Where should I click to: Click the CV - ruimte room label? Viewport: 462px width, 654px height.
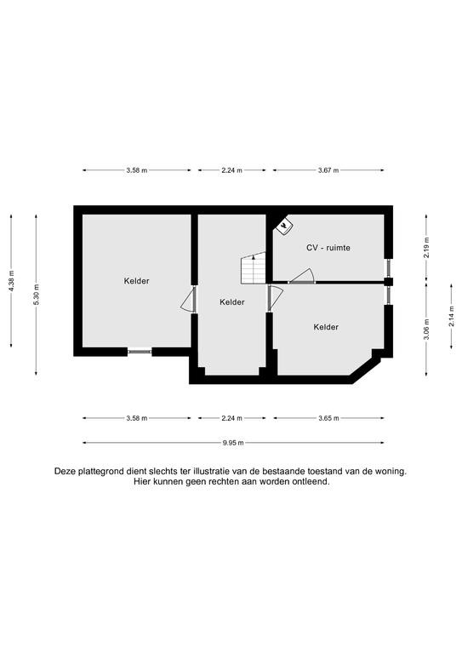point(328,248)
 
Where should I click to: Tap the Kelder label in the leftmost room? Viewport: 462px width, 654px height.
point(136,281)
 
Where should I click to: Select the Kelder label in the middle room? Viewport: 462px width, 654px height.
point(232,302)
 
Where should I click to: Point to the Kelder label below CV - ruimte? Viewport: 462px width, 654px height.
point(326,327)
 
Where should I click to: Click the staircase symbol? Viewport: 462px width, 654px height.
point(254,268)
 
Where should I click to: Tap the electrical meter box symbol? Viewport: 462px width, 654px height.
point(284,227)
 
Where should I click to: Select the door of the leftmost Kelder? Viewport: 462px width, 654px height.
point(189,299)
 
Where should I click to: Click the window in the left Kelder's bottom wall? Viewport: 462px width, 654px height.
point(140,352)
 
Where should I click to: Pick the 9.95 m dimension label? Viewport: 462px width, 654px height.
point(233,443)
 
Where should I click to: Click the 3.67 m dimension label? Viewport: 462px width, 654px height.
point(328,170)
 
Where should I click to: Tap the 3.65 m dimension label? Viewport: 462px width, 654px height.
point(328,418)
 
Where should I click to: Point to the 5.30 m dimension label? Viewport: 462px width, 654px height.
point(36,295)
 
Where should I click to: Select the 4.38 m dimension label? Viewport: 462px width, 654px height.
point(11,281)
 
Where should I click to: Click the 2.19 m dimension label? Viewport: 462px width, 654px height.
point(426,248)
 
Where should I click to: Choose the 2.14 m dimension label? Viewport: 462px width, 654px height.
point(451,316)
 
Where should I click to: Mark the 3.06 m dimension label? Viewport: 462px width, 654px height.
point(426,330)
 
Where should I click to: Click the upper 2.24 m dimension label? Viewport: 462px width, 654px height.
point(232,170)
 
